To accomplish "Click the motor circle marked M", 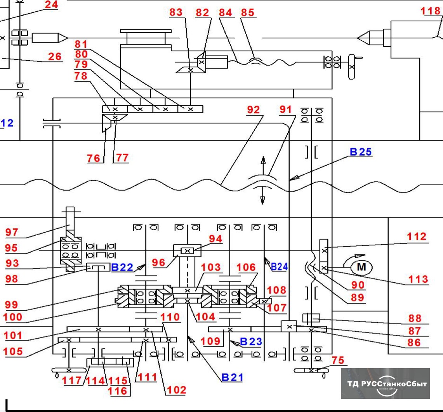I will tap(361, 267).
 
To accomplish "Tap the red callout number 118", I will tap(431, 11).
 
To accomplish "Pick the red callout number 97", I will tap(12, 232).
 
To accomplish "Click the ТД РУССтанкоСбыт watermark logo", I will tap(385, 384).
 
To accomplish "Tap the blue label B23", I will tap(251, 341).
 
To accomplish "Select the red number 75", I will tap(338, 360).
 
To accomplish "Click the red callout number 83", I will tap(176, 12).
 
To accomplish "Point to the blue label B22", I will tap(122, 267).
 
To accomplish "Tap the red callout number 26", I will tap(55, 56).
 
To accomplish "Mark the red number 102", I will tap(176, 390).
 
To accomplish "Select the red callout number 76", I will tap(94, 158).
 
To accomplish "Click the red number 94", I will tap(215, 239).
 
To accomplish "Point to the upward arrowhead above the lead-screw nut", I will tap(263, 160).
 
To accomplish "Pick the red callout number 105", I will tap(13, 351).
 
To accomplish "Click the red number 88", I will tap(415, 318).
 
